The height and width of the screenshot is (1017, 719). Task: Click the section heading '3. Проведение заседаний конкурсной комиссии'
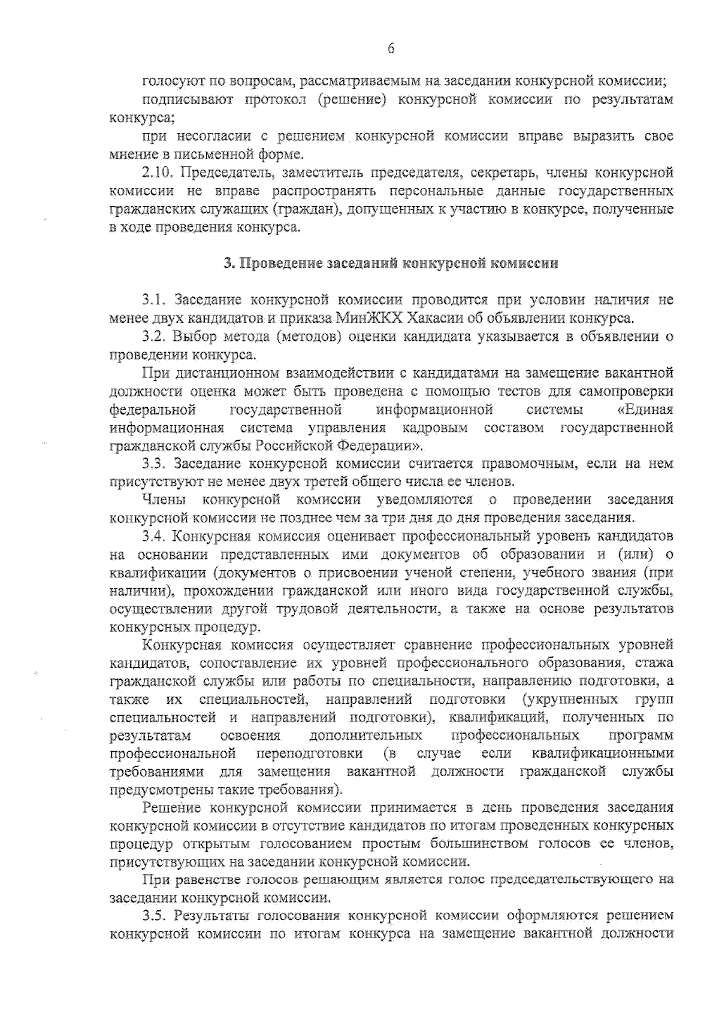(x=391, y=264)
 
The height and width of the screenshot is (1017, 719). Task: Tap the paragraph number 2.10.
(x=158, y=174)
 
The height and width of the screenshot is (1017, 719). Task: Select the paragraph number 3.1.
(x=155, y=299)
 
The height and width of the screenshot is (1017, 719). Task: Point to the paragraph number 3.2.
(x=155, y=337)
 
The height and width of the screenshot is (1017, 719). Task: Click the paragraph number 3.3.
(x=155, y=464)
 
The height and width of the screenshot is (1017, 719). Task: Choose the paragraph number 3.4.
(x=155, y=535)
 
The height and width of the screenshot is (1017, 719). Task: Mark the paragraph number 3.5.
(x=155, y=916)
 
